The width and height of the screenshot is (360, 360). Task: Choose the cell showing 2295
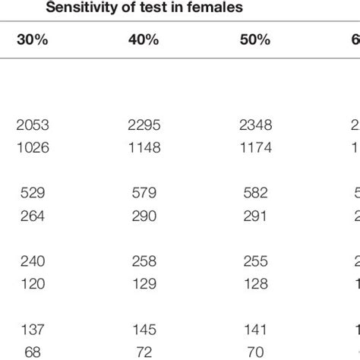click(144, 125)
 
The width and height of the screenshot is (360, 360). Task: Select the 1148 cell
click(144, 147)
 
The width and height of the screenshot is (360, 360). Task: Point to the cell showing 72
click(144, 352)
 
